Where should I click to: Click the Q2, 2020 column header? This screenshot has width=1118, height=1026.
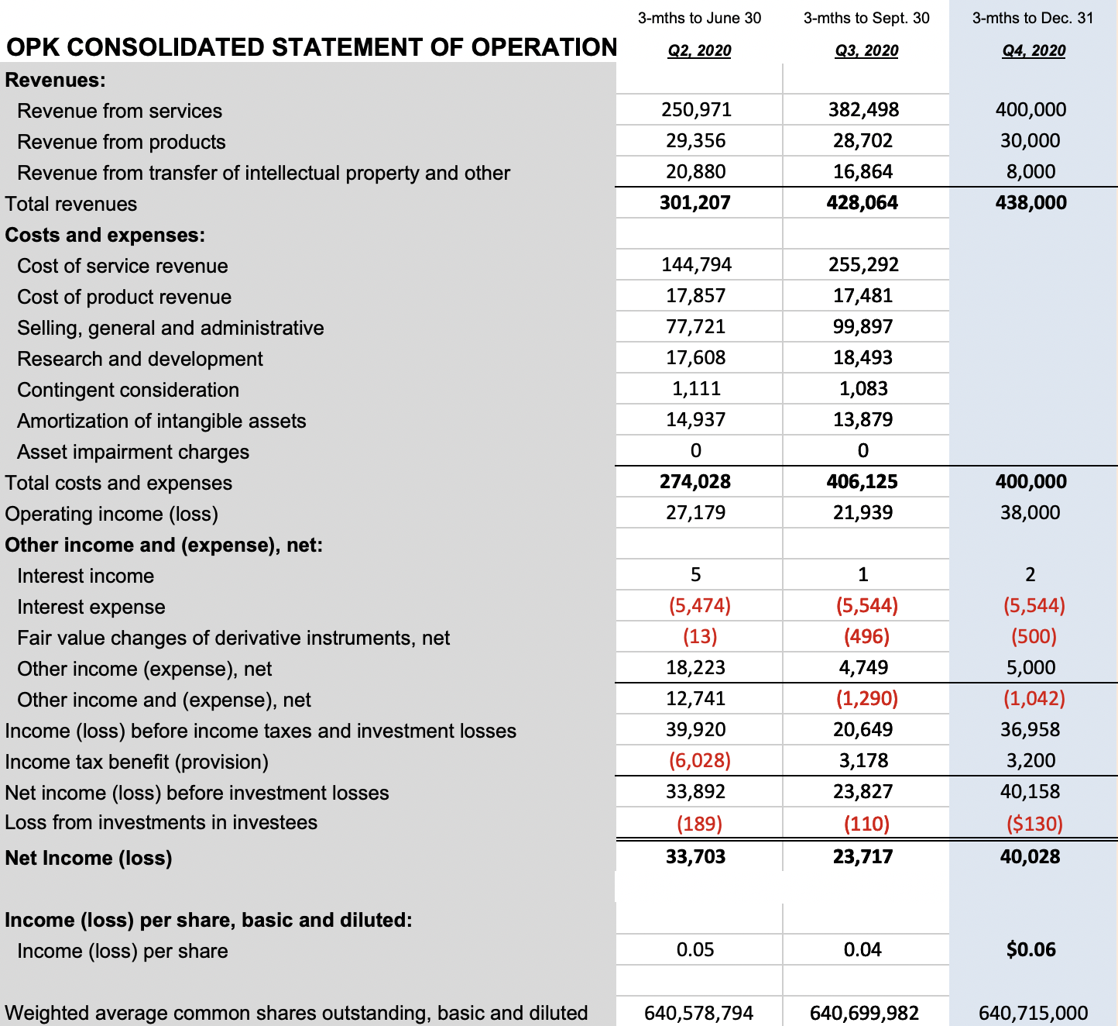[699, 50]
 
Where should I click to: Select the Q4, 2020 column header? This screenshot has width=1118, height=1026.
[1034, 50]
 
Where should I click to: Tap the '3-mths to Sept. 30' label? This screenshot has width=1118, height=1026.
[866, 18]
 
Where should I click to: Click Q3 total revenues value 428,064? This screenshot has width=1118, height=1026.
[863, 203]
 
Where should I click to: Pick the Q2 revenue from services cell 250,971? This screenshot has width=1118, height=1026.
[696, 110]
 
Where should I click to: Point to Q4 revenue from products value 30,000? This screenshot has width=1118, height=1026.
[1031, 141]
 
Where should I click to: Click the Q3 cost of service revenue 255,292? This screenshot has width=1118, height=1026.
[863, 265]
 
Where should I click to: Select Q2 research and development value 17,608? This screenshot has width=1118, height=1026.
[696, 358]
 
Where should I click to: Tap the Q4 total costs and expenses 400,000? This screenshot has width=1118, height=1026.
[1031, 482]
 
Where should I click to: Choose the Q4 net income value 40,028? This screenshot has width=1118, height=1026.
[1030, 857]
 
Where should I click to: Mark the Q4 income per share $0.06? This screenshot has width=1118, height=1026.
[1031, 950]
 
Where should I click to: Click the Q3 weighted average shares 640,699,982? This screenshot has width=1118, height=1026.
[864, 1013]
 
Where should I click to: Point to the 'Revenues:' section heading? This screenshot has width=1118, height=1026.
[56, 80]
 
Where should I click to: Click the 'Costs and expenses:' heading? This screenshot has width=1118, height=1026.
[105, 235]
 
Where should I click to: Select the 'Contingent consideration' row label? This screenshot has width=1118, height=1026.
[128, 390]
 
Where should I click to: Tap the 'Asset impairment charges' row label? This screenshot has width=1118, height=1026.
[133, 452]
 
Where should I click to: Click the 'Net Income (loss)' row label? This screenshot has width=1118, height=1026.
[88, 858]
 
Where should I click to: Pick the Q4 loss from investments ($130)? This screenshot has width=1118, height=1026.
[1034, 824]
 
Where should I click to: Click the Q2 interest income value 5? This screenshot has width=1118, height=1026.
[695, 575]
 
